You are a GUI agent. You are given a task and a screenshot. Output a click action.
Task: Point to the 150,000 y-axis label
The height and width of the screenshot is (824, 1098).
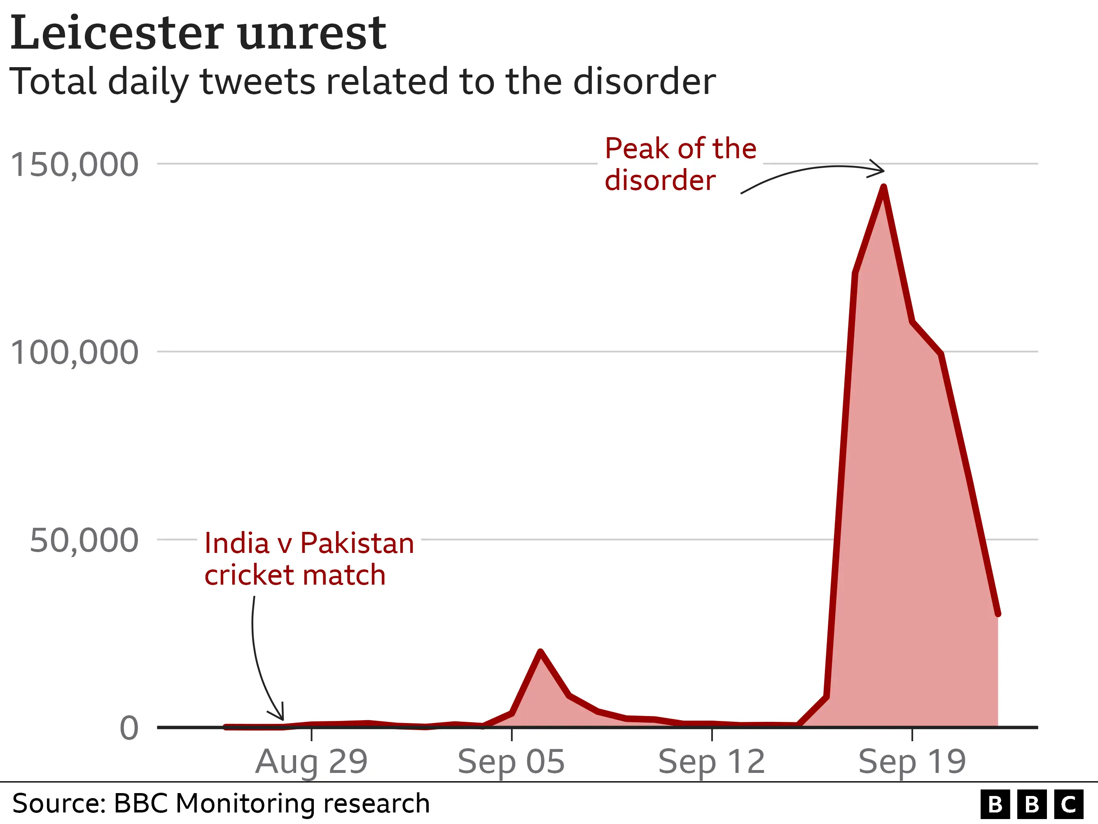pyautogui.click(x=75, y=164)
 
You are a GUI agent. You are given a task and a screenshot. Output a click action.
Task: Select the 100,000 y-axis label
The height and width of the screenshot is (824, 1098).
pyautogui.click(x=75, y=353)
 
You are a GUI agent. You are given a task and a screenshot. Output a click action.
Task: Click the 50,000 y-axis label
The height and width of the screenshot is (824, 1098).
pyautogui.click(x=84, y=541)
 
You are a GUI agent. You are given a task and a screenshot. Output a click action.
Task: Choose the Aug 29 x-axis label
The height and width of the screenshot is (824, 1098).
pyautogui.click(x=311, y=762)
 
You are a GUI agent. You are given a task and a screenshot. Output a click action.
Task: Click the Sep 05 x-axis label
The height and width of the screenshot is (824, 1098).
pyautogui.click(x=511, y=762)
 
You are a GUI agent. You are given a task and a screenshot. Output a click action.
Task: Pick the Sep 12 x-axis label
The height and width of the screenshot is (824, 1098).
pyautogui.click(x=711, y=762)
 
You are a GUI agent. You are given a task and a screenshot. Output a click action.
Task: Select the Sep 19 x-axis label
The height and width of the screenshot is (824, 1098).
pyautogui.click(x=912, y=762)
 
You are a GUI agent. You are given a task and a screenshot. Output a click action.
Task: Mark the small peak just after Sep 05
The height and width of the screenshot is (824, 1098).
pyautogui.click(x=541, y=652)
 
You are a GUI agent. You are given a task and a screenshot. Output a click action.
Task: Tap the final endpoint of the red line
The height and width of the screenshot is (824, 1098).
pyautogui.click(x=998, y=614)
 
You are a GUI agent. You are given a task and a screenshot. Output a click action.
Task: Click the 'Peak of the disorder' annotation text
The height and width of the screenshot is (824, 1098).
pyautogui.click(x=680, y=164)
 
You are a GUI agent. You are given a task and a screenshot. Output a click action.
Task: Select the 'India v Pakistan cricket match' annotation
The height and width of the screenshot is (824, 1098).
pyautogui.click(x=309, y=559)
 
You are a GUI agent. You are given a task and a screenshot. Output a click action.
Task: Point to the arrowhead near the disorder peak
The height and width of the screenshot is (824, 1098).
pyautogui.click(x=880, y=169)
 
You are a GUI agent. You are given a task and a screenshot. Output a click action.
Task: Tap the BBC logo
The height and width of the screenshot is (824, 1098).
pyautogui.click(x=1031, y=804)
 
